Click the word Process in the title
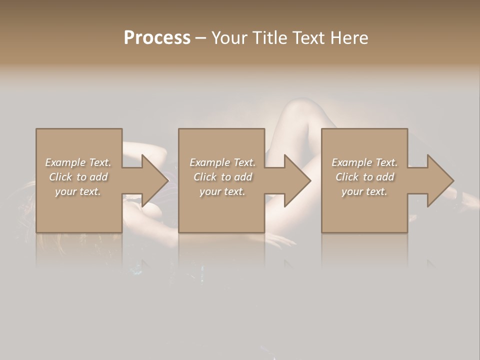point(157,37)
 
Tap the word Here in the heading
point(349,37)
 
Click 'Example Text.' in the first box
point(78,162)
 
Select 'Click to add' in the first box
point(78,177)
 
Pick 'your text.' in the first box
point(78,191)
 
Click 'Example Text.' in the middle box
point(222,162)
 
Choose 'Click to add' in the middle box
point(222,177)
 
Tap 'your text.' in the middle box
point(222,191)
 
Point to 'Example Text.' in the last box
point(364,162)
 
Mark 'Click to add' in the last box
point(364,177)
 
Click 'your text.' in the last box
point(364,191)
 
